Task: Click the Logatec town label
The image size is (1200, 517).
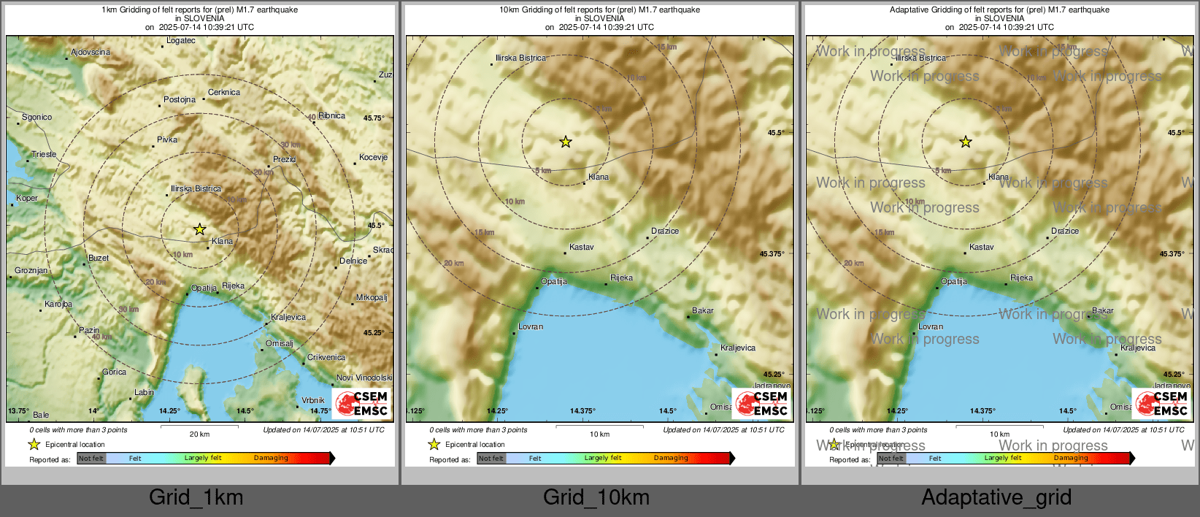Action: coord(180,41)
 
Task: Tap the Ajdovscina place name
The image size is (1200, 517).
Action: coord(91,53)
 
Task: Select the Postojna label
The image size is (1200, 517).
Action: coord(179,100)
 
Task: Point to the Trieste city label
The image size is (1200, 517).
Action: coord(44,155)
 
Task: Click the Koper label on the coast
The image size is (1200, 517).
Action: coord(27,199)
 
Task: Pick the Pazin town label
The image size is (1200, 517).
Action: coord(89,331)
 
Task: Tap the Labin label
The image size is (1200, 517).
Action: coord(144,393)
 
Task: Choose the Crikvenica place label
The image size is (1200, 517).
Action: coord(326,358)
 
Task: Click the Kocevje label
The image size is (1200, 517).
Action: coord(373,158)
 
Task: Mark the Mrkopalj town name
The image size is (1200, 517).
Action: coord(372,298)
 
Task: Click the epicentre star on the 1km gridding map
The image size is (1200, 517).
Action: coord(199,229)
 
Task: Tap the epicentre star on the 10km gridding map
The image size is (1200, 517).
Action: coord(566,142)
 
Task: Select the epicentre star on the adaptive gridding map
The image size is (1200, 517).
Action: coord(966,142)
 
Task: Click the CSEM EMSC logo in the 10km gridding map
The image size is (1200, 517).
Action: coord(761,403)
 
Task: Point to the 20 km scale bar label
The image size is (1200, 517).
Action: coord(199,434)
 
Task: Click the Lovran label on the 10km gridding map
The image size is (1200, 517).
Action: coord(531,327)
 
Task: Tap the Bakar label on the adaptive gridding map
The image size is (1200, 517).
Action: coord(1102,311)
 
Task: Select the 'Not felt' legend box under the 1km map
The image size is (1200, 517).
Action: coord(91,459)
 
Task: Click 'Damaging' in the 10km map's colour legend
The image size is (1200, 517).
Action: coord(671,459)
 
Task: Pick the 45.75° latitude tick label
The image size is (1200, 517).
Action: coord(374,118)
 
